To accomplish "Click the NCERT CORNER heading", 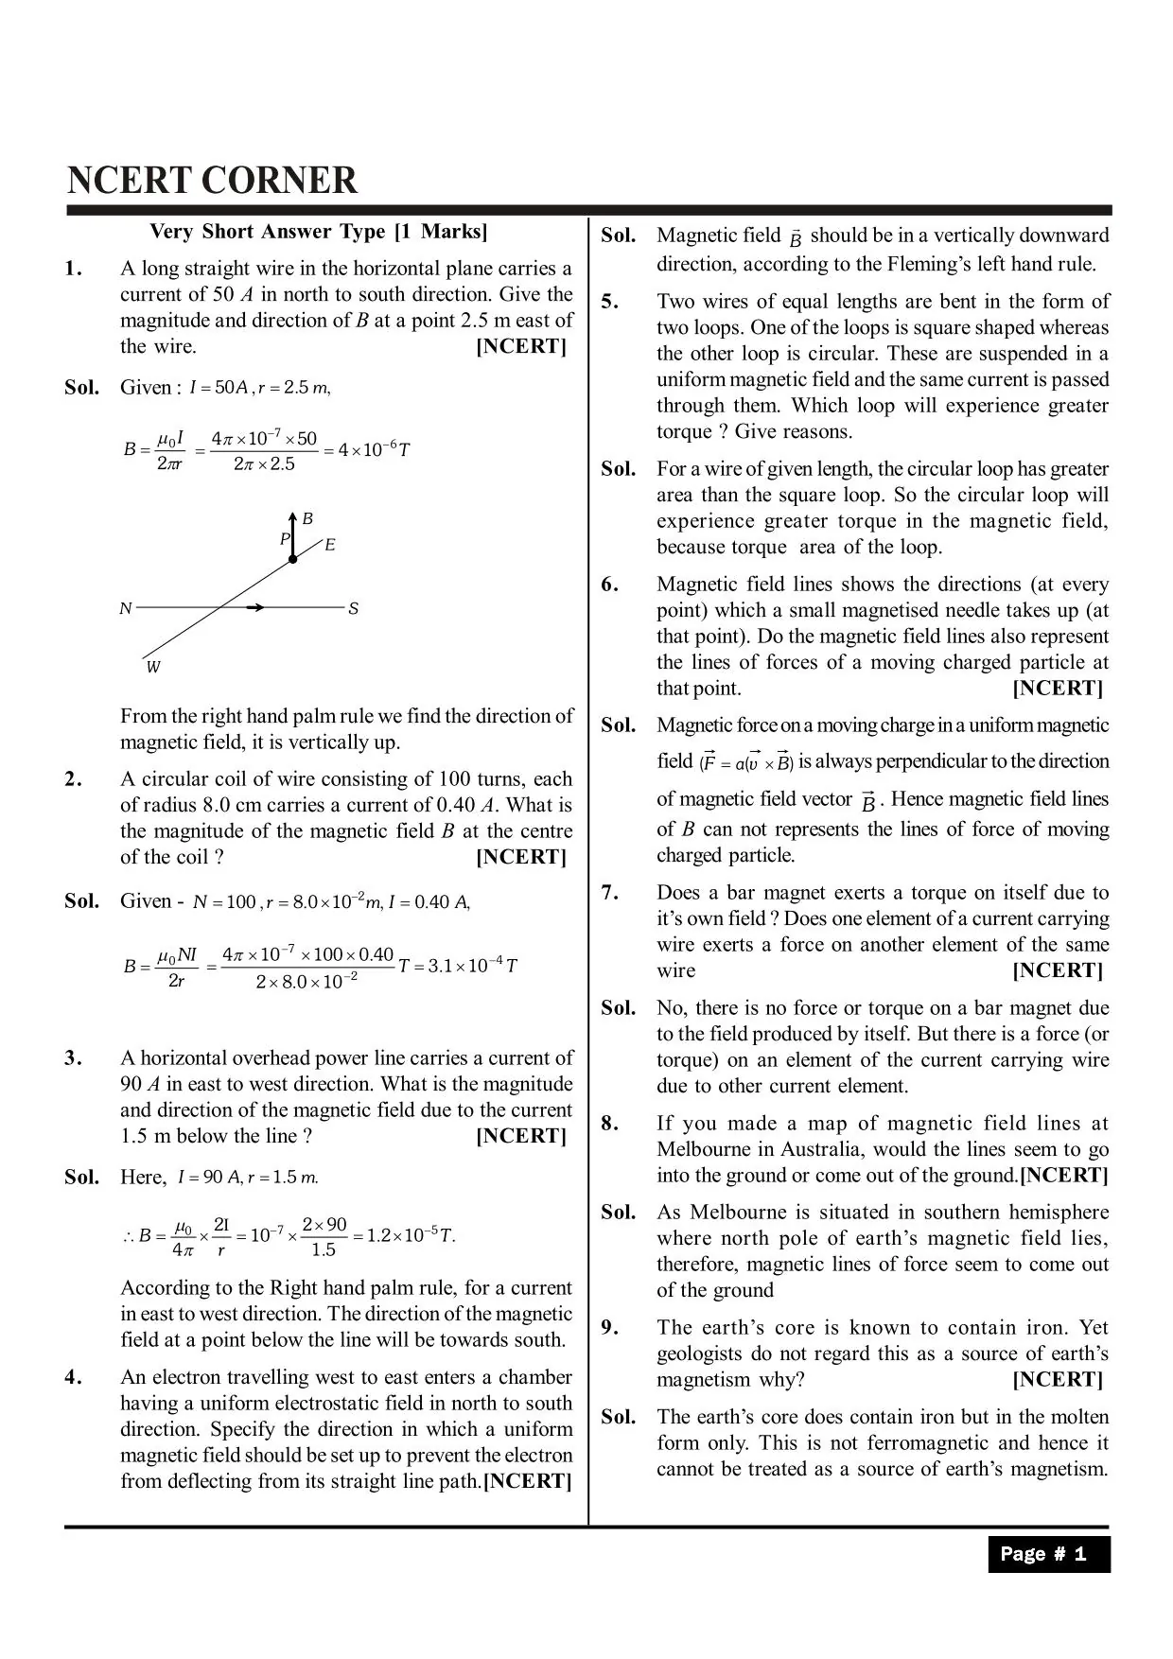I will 213,180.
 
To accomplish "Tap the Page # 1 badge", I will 1048,1554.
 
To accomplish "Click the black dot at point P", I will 292,559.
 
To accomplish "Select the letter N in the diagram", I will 125,609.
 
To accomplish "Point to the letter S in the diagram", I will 354,609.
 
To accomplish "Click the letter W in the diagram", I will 153,668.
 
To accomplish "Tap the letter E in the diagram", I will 330,545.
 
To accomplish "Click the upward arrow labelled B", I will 292,533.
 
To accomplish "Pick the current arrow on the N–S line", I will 255,607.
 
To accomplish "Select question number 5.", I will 610,302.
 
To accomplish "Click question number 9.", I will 610,1328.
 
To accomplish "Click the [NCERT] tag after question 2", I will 521,857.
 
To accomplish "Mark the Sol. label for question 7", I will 619,1007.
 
